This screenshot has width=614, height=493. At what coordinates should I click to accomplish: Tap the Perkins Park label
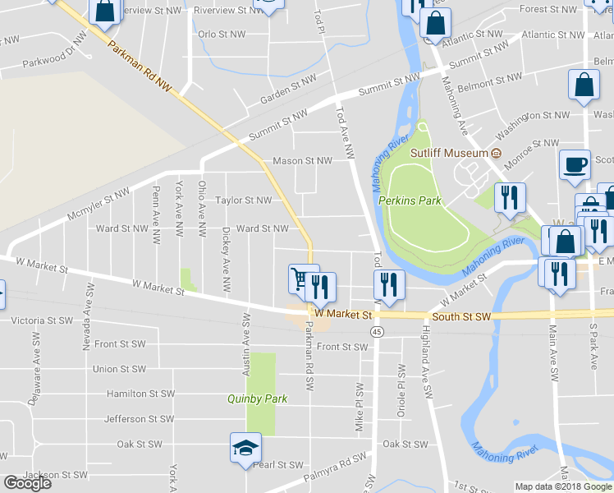pos(410,200)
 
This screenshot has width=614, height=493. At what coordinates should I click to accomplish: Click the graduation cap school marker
pos(245,448)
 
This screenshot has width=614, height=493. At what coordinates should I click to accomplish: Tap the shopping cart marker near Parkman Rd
pos(301,279)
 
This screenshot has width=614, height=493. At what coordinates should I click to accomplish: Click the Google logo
pos(27,482)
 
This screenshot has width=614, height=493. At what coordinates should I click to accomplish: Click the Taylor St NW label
pos(243,200)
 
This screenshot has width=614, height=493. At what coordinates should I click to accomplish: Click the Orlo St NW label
pos(222,35)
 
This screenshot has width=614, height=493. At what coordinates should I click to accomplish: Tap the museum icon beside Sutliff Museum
pos(496,154)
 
